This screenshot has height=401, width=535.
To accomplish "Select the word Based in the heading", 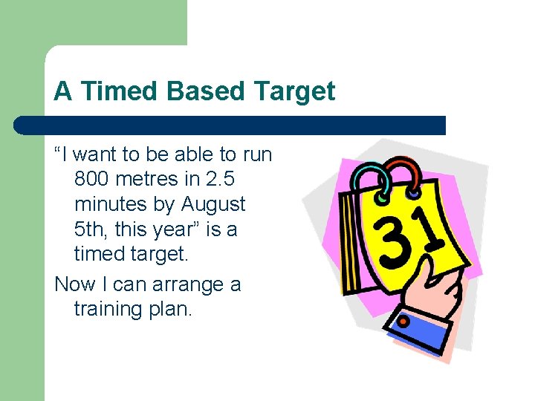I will (x=205, y=92).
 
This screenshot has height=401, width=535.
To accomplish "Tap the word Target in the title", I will (x=295, y=92).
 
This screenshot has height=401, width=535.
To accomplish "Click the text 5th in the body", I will (x=91, y=229).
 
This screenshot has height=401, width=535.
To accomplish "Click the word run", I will (x=256, y=154).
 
